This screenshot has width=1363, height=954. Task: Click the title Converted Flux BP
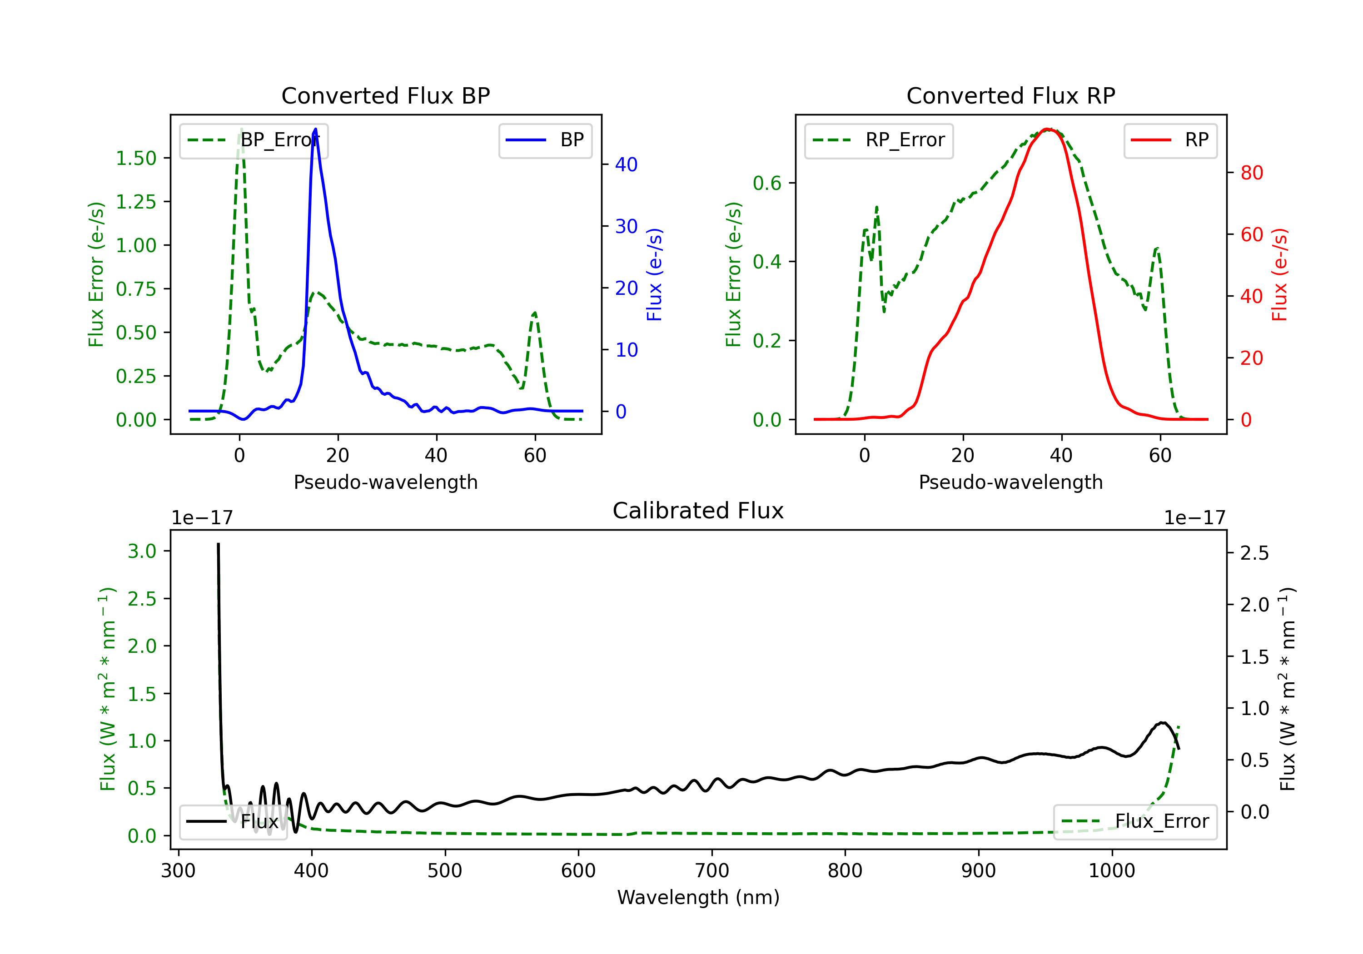pos(386,95)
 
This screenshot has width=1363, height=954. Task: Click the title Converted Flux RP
pos(1011,95)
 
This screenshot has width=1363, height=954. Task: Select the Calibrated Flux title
pos(698,511)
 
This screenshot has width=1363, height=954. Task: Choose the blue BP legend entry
pos(545,140)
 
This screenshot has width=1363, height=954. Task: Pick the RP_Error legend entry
pos(879,140)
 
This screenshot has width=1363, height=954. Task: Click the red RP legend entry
pos(1170,140)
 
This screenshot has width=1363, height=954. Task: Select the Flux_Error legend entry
pos(1135,822)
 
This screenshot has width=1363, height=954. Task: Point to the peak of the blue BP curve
pos(315,129)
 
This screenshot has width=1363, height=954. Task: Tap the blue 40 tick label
pos(626,164)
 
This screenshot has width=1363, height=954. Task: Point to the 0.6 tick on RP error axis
pos(767,183)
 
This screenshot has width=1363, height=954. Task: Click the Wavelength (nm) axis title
pos(698,897)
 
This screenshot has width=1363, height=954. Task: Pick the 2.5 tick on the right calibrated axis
pos(1255,553)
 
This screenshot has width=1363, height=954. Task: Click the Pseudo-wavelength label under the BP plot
pos(386,482)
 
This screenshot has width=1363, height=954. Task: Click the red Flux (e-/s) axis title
pos(1280,274)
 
